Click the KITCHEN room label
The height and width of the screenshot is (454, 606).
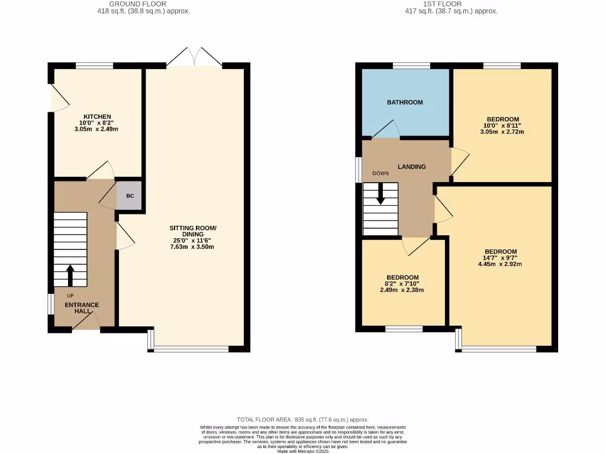click(97, 116)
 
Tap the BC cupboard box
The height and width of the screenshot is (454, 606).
click(130, 196)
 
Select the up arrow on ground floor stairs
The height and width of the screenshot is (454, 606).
click(70, 275)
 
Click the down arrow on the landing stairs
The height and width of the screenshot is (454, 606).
click(381, 193)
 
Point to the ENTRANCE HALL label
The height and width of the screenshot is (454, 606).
click(82, 308)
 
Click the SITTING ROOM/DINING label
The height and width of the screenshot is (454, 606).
click(193, 231)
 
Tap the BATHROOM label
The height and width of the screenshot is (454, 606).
click(405, 102)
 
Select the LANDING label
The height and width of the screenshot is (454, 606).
click(411, 167)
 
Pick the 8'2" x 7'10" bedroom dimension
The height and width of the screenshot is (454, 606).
click(402, 284)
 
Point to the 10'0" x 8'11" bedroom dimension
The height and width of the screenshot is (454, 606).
click(501, 125)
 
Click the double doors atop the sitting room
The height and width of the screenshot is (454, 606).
click(194, 57)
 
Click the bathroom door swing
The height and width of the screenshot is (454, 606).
click(385, 129)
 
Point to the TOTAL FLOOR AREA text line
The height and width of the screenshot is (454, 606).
click(302, 419)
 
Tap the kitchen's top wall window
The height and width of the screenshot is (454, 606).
click(94, 66)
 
